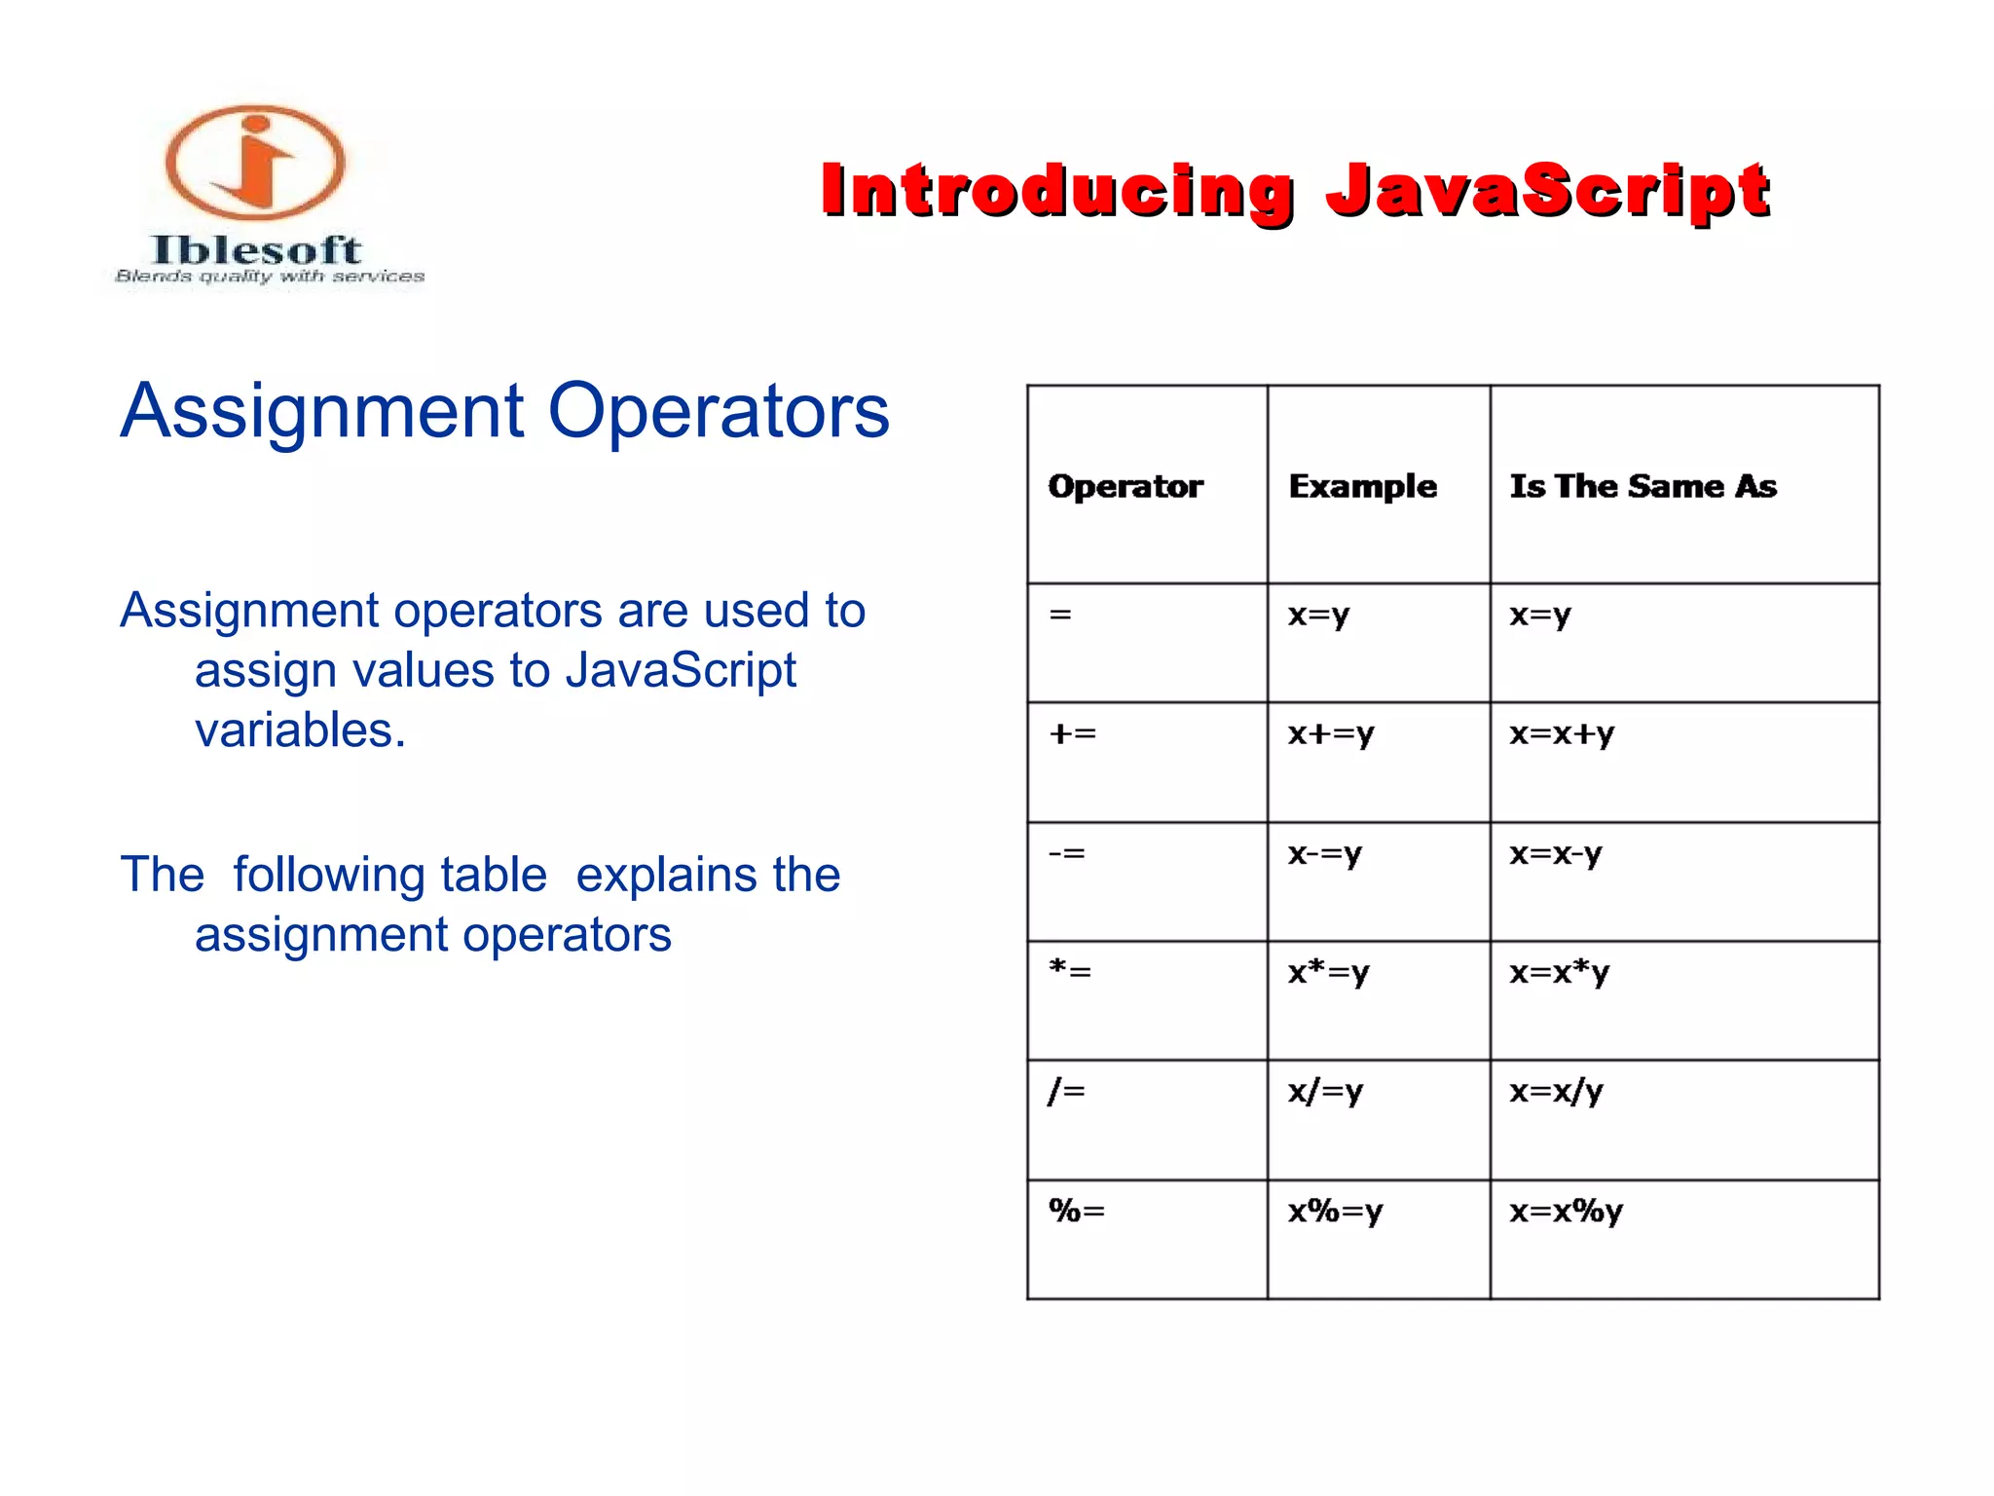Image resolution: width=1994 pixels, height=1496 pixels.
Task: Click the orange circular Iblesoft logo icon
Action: click(255, 163)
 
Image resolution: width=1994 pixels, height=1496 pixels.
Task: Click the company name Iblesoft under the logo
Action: click(256, 250)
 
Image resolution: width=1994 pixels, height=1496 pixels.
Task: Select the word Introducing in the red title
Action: click(1057, 190)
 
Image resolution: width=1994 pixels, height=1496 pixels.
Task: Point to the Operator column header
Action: click(1126, 486)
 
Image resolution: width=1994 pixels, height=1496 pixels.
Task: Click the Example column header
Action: click(1362, 486)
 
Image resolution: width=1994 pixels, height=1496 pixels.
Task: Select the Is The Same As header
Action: click(1643, 486)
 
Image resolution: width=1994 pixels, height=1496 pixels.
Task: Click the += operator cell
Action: click(1073, 733)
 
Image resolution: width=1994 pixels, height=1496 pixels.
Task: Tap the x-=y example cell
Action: click(1324, 854)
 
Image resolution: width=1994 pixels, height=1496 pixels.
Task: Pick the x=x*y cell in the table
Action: click(1559, 972)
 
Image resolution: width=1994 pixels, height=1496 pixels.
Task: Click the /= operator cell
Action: click(1067, 1091)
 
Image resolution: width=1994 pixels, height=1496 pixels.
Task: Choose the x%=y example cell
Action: click(1335, 1212)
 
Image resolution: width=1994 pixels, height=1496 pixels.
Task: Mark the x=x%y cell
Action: click(1566, 1212)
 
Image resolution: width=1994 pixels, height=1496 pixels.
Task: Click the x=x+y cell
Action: click(1562, 733)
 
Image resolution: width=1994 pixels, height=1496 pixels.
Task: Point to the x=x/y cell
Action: click(1556, 1091)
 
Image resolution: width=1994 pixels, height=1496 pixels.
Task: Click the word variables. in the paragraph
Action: click(300, 730)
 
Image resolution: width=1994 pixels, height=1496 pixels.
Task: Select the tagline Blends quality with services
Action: click(270, 277)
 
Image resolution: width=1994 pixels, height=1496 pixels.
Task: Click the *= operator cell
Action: click(1070, 970)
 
